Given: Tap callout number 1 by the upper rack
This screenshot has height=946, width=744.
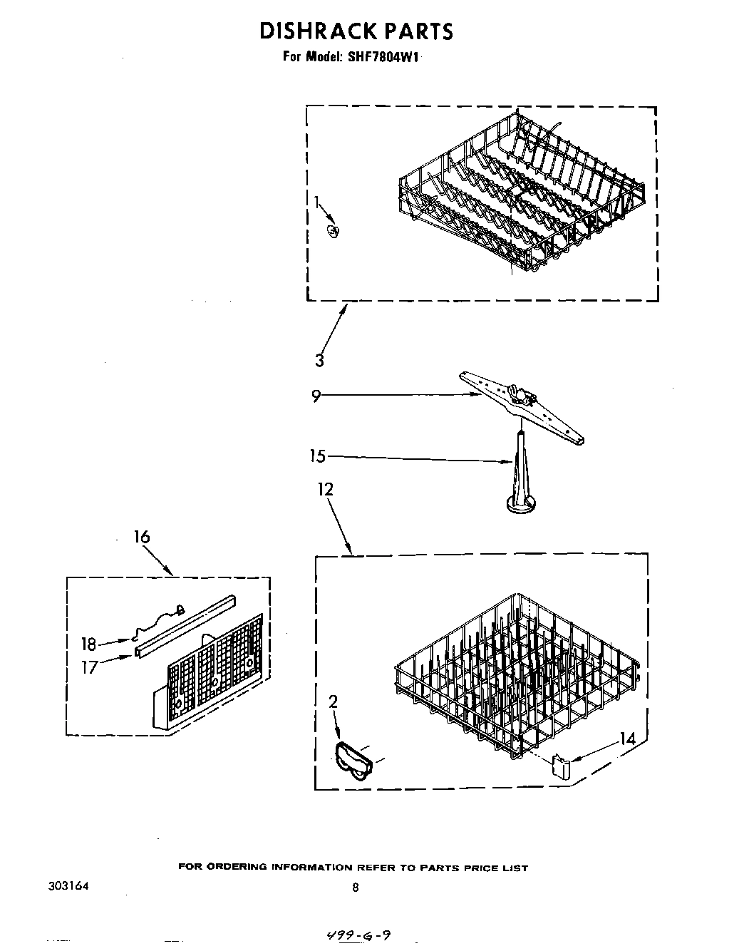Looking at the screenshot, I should (316, 202).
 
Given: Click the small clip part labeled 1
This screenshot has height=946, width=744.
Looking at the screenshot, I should (333, 230).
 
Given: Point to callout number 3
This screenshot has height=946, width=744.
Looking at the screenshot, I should (319, 360).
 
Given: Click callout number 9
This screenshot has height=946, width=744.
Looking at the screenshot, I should (316, 396).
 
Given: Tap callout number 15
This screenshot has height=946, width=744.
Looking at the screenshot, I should (318, 456).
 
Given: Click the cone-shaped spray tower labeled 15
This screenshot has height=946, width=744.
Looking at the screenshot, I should (520, 481).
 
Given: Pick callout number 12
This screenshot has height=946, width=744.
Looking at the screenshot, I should (326, 490).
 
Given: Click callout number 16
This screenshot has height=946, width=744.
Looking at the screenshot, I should (142, 536).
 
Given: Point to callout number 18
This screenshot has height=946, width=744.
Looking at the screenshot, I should (88, 644).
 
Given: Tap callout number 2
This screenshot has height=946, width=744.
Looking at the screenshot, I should (333, 702).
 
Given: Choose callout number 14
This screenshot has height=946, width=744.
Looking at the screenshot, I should (627, 739).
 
